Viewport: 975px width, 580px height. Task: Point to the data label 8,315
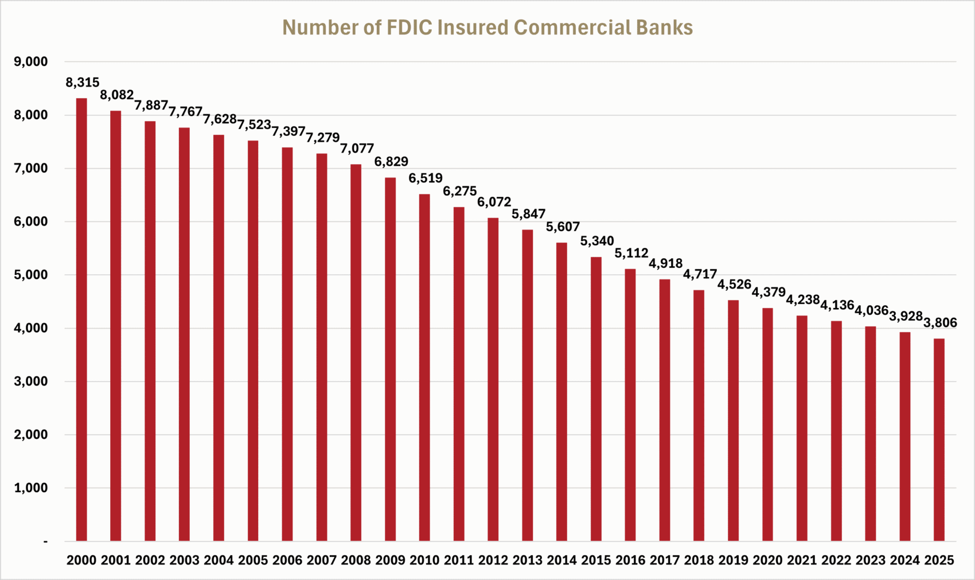83,83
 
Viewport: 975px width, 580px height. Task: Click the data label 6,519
426,178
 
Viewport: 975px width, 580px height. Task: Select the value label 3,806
940,323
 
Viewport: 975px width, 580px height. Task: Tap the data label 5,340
597,241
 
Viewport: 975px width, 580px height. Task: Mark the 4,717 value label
700,274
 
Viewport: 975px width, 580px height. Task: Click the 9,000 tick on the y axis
31,62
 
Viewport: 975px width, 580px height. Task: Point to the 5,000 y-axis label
31,275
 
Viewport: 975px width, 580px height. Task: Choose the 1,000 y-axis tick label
31,488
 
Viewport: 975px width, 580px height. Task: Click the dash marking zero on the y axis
45,542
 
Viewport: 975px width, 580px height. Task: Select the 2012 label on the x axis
493,560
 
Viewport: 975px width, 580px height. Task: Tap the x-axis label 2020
767,560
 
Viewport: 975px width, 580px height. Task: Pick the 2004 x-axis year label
219,560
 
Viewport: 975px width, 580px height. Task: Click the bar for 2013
528,385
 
